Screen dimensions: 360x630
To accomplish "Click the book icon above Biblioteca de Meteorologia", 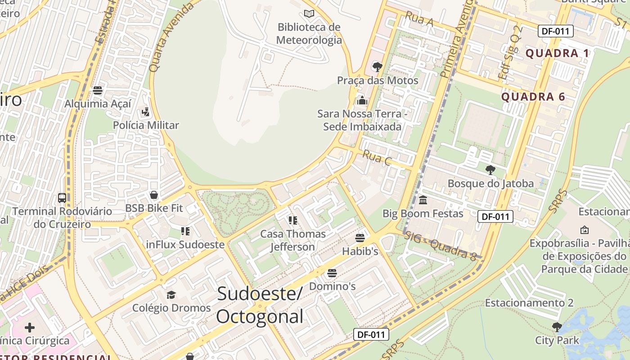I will point(309,13).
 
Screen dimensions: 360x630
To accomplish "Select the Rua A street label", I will point(419,19).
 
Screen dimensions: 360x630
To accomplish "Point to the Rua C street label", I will point(376,158).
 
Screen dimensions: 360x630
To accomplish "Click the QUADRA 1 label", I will point(557,54).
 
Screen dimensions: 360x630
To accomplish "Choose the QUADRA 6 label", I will point(533,97).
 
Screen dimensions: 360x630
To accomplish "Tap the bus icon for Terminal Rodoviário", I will point(62,198).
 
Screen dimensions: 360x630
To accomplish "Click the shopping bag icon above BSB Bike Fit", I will point(154,195).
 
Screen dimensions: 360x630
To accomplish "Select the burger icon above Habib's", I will point(360,238).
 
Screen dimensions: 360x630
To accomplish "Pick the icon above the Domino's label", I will point(332,273).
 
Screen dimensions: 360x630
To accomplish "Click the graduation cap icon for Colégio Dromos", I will point(171,295).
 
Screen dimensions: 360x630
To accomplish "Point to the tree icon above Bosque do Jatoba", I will point(490,170).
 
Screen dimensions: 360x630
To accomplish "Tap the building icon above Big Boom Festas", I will point(423,200).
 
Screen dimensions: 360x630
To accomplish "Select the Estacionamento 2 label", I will point(529,303).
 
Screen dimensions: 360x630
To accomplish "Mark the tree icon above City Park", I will point(557,327).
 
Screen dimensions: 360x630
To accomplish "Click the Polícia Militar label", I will point(146,125).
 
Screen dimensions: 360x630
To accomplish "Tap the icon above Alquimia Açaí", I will point(98,90).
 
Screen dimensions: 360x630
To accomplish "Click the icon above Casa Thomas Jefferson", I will point(293,220).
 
